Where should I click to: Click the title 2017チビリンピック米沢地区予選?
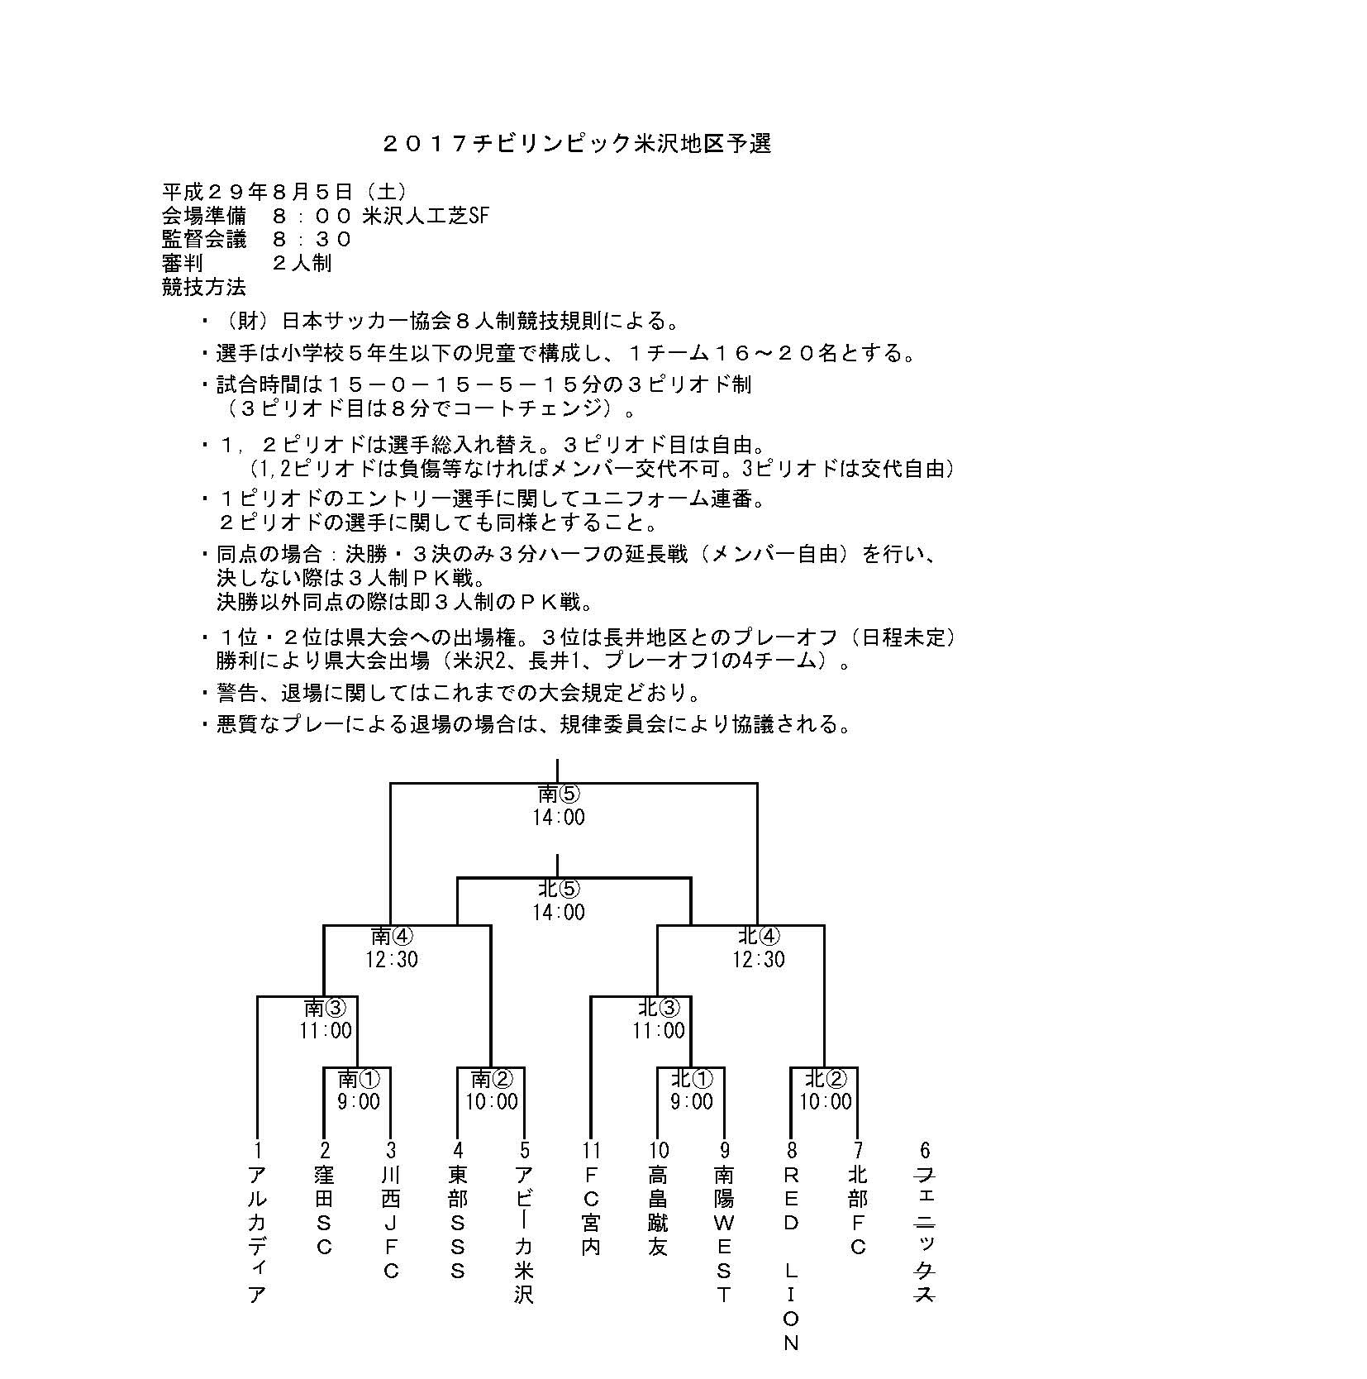pos(577,144)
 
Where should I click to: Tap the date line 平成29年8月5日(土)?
pos(283,192)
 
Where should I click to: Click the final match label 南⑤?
pos(560,794)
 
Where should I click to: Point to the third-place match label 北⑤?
pos(560,889)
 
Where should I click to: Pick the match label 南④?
pos(392,936)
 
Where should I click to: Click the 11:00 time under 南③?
pos(326,1031)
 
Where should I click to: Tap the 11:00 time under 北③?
pos(659,1031)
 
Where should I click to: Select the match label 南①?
pos(359,1079)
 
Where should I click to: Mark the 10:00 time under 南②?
pos(493,1102)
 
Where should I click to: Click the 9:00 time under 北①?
pos(693,1102)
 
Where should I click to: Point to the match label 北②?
pos(826,1079)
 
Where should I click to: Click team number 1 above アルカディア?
pos(258,1150)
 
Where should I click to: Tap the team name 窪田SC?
pos(325,1210)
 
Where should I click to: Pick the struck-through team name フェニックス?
pos(925,1234)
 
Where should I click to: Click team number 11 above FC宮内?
pos(592,1150)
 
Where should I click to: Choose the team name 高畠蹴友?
pos(658,1210)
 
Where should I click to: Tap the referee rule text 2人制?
pos(302,264)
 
